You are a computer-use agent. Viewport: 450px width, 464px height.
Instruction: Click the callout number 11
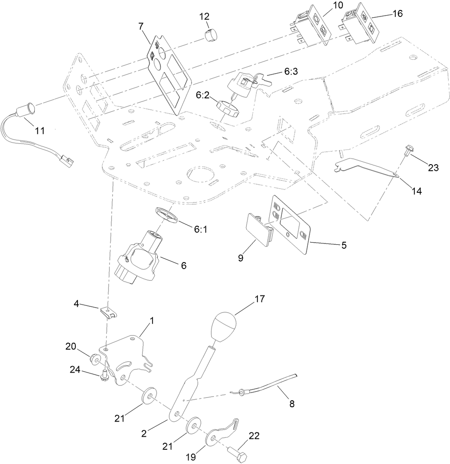tap(40, 130)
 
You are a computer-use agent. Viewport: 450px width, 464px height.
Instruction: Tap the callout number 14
tap(417, 191)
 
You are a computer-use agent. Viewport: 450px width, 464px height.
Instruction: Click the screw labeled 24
tap(105, 374)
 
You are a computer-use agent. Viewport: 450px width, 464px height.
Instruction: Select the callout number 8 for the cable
tap(292, 404)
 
